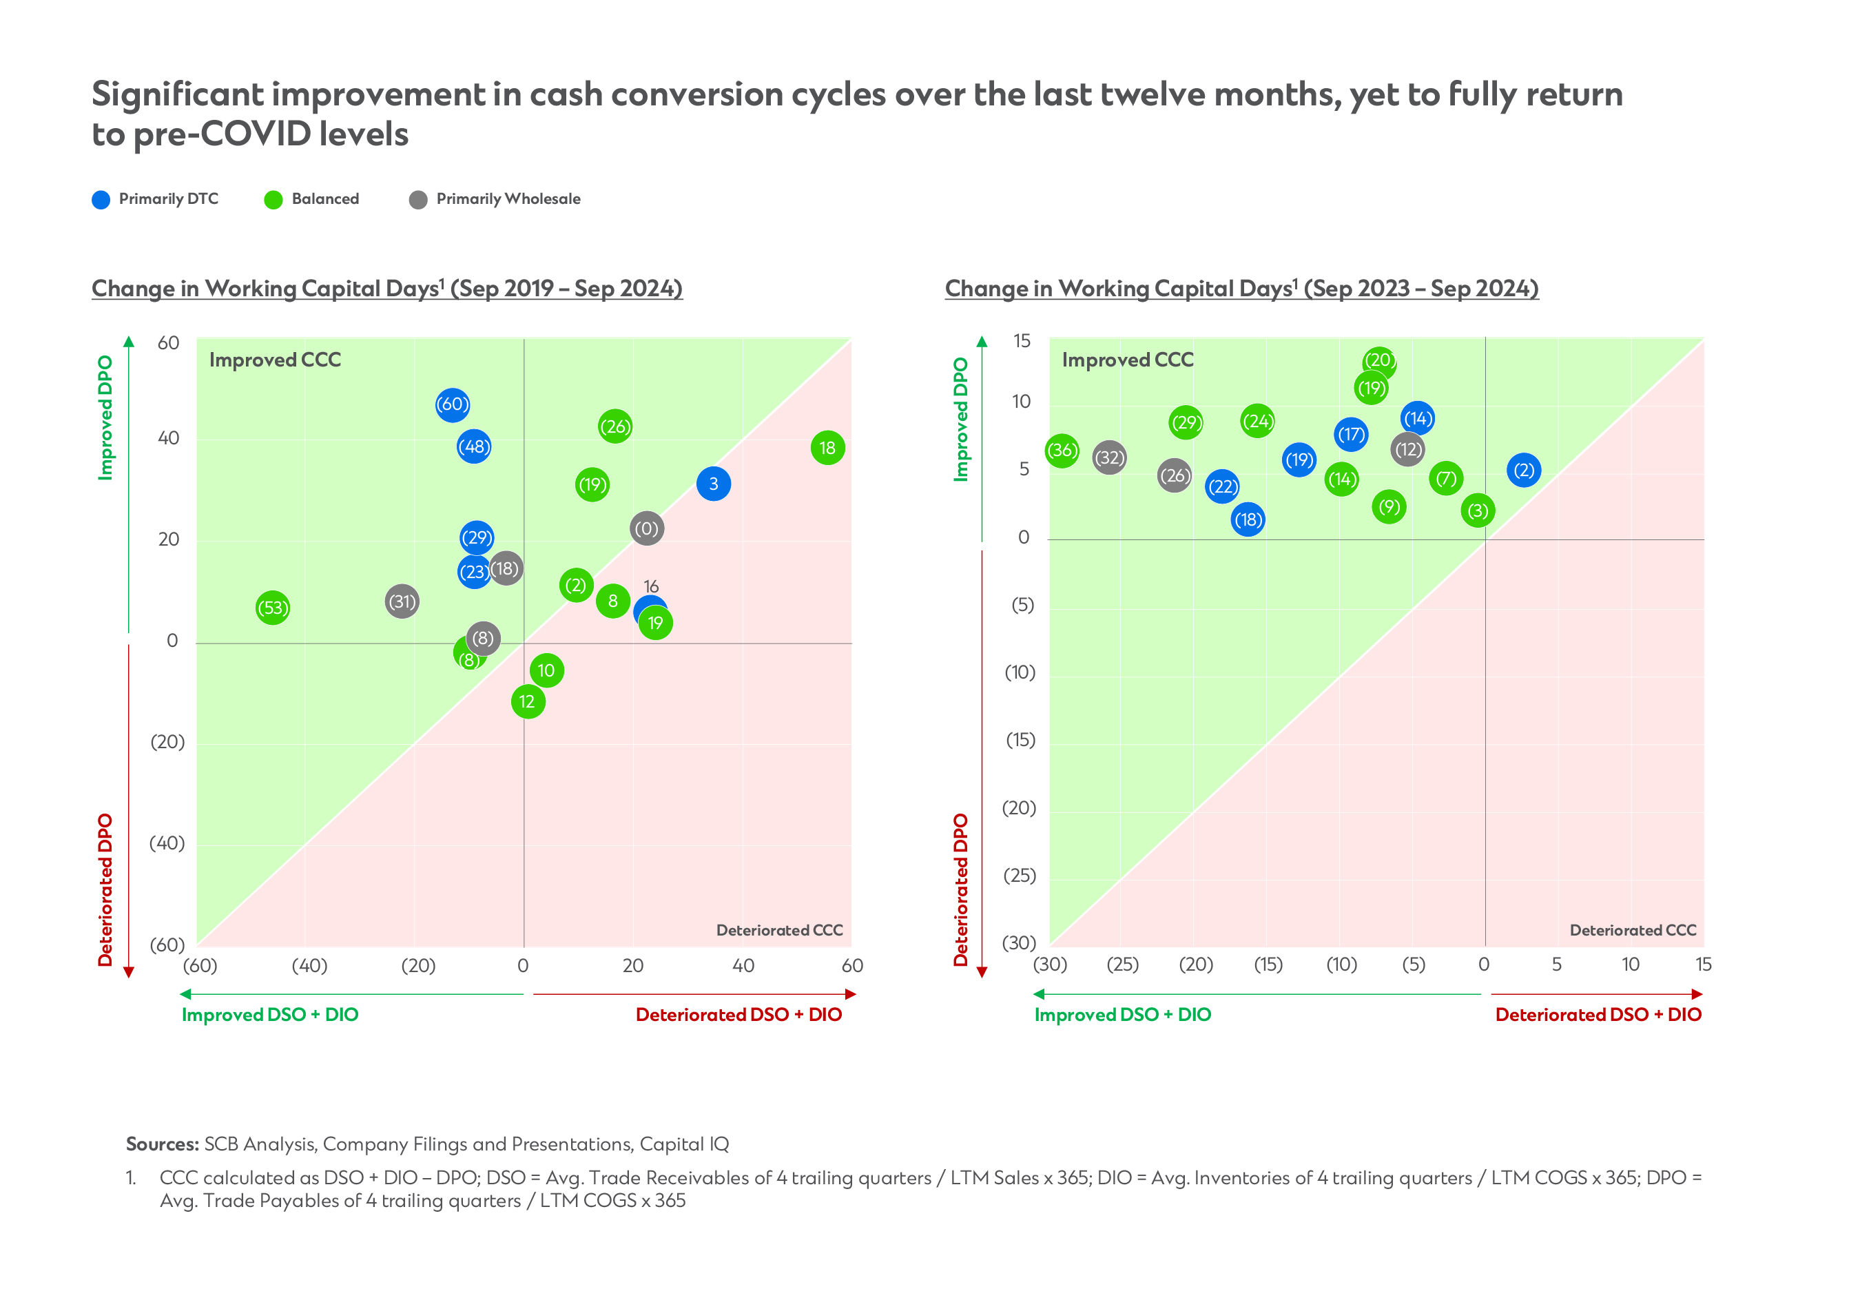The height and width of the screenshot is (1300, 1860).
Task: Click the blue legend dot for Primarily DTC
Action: (101, 200)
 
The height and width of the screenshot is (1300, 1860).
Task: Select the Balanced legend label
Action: (325, 199)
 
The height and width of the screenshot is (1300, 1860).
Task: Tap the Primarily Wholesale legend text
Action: (508, 199)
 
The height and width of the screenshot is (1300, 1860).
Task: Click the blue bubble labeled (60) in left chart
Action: (452, 404)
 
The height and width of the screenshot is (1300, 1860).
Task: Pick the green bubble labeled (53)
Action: (272, 608)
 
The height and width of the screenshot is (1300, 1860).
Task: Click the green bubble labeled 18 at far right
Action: (827, 448)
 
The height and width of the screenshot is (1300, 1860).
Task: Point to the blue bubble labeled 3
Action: (713, 484)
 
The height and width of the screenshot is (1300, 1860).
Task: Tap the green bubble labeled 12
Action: (528, 701)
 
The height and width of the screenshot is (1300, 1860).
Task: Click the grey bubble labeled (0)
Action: (646, 529)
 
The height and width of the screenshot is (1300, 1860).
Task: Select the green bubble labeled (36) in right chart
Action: (1062, 451)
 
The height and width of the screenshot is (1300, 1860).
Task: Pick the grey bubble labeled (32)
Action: (1109, 457)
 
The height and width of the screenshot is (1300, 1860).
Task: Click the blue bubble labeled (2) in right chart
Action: (1524, 470)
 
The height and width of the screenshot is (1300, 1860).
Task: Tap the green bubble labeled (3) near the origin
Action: (1478, 511)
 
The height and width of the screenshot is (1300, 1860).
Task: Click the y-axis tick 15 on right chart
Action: (1022, 341)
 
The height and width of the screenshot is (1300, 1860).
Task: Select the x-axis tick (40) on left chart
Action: (309, 965)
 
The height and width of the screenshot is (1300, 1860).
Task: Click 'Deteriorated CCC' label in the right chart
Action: (1633, 930)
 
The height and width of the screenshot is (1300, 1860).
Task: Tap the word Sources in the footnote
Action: (162, 1144)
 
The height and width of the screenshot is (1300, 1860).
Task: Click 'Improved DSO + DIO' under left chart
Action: (270, 1015)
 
